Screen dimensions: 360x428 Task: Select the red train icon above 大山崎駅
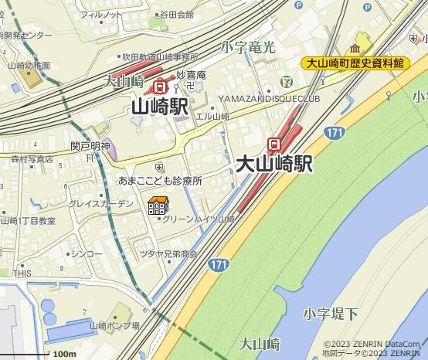[273, 144]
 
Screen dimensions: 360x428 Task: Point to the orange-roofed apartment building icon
[158, 206]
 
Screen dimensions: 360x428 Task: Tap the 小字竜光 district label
[247, 48]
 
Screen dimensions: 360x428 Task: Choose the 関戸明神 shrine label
[90, 146]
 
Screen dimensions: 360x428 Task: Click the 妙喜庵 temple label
[191, 75]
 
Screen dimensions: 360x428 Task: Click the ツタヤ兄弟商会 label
[168, 253]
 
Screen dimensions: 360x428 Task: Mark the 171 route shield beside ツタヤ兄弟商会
[219, 265]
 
